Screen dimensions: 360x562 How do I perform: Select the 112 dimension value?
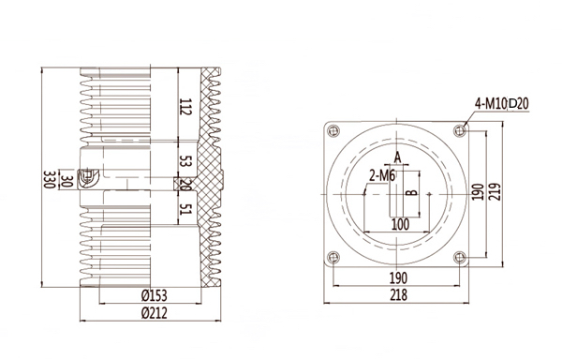pyautogui.click(x=184, y=108)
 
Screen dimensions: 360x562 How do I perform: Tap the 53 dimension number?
pyautogui.click(x=184, y=161)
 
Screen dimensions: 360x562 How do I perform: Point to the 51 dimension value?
pyautogui.click(x=184, y=209)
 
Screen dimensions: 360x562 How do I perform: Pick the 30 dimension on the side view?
pyautogui.click(x=66, y=178)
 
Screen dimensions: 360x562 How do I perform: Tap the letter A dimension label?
pyautogui.click(x=397, y=156)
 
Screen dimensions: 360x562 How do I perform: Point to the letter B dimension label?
pyautogui.click(x=409, y=194)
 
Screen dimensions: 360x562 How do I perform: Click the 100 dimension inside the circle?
pyautogui.click(x=400, y=224)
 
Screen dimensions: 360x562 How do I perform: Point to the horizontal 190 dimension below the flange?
pyautogui.click(x=398, y=279)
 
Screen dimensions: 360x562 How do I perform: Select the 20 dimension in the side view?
pyautogui.click(x=184, y=185)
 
